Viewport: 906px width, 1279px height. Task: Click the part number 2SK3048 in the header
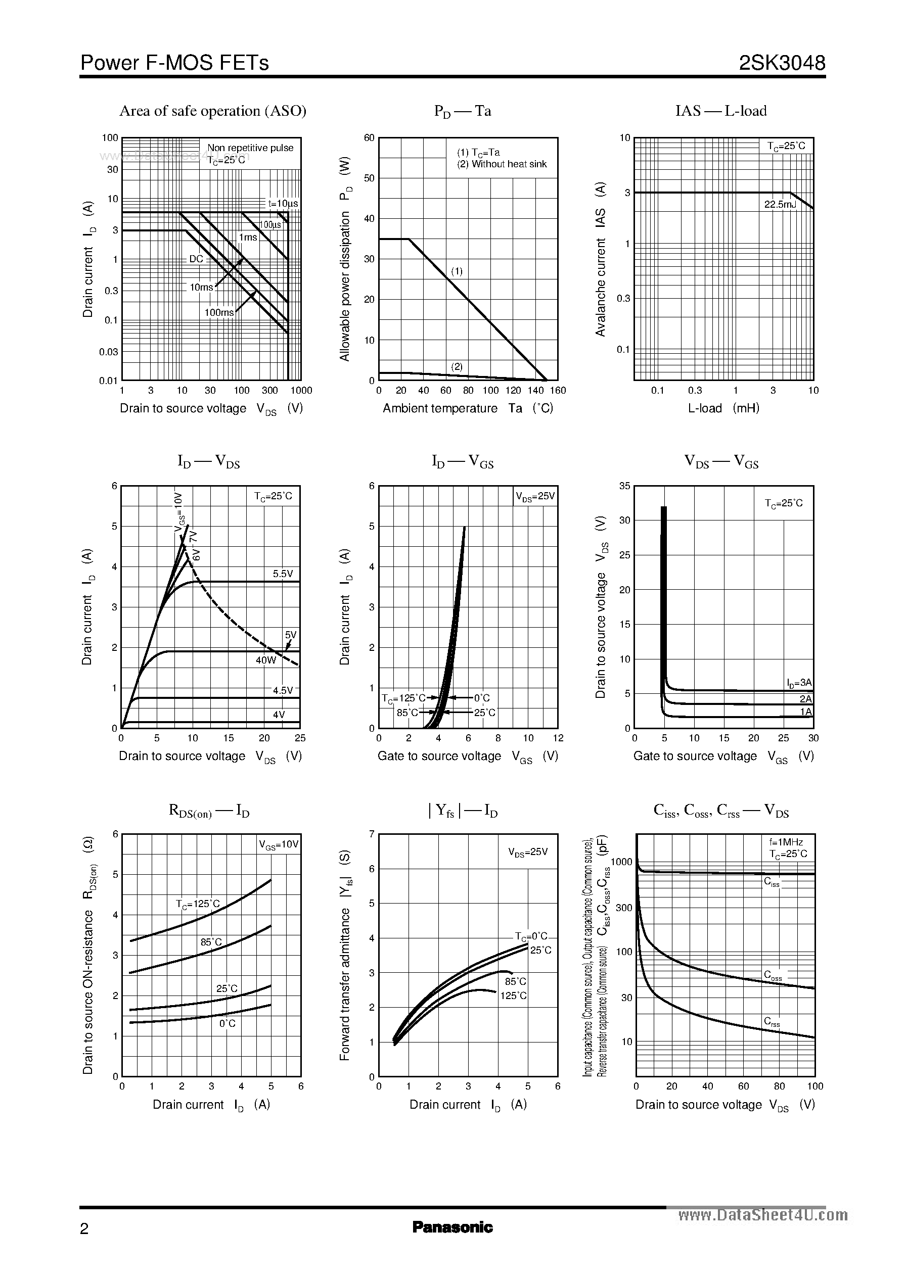click(x=782, y=63)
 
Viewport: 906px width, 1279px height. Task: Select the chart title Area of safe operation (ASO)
click(x=212, y=111)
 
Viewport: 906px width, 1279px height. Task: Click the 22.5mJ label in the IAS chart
click(x=780, y=205)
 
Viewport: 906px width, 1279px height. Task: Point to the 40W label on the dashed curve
click(x=266, y=660)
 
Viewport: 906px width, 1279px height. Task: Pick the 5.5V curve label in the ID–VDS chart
click(x=283, y=573)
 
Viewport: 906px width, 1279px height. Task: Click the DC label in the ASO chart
click(x=196, y=259)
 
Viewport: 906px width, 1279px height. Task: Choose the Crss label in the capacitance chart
click(x=772, y=1022)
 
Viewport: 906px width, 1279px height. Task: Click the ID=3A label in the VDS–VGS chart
click(x=799, y=682)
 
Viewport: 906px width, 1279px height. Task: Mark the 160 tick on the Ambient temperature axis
click(x=558, y=390)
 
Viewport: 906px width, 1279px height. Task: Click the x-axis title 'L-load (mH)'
click(x=723, y=408)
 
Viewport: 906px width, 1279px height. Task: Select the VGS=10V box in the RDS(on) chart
click(x=279, y=844)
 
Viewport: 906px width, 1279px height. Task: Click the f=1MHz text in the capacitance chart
click(x=786, y=842)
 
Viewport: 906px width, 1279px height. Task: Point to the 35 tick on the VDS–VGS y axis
click(x=624, y=486)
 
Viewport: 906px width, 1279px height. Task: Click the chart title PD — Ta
click(x=463, y=112)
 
